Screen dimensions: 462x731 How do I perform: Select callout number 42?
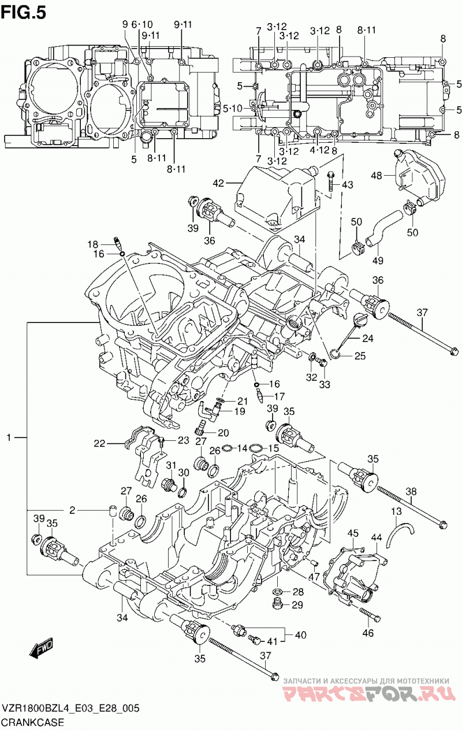point(218,183)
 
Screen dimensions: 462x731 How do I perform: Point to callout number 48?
point(377,176)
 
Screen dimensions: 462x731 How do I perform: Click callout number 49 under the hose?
point(378,261)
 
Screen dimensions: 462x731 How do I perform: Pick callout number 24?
point(367,338)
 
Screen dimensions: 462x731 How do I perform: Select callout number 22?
point(100,443)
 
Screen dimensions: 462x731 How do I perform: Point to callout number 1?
point(9,437)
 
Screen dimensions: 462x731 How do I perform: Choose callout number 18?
point(92,244)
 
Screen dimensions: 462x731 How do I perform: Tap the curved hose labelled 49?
point(383,229)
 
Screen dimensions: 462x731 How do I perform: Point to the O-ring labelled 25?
point(336,352)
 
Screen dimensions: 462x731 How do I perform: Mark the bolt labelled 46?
point(370,614)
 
